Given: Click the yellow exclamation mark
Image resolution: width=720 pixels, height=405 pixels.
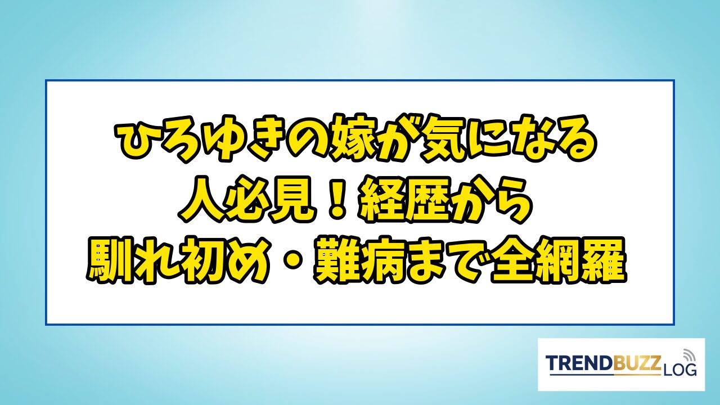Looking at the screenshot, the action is tap(337, 199).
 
